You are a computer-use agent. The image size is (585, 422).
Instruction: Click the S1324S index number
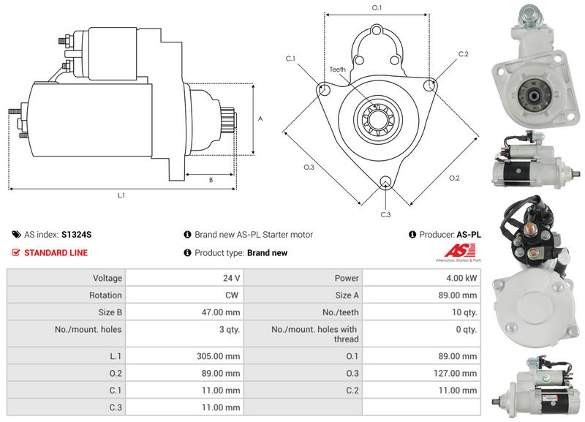pos(77,235)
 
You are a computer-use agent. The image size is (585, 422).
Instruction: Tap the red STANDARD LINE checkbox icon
pos(15,252)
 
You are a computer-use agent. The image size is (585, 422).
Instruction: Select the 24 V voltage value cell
pos(184,278)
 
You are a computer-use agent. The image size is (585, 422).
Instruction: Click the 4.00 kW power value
pos(461,278)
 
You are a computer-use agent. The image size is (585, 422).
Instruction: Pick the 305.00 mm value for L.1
pos(218,356)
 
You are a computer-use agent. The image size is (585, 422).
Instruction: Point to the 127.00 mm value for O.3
pos(455,373)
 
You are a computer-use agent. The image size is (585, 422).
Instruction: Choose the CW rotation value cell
pos(184,295)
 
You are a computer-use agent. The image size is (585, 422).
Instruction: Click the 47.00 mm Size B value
pos(221,312)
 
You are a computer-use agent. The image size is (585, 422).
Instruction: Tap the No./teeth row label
pos(340,312)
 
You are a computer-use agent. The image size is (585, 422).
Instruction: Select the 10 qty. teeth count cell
pos(422,312)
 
